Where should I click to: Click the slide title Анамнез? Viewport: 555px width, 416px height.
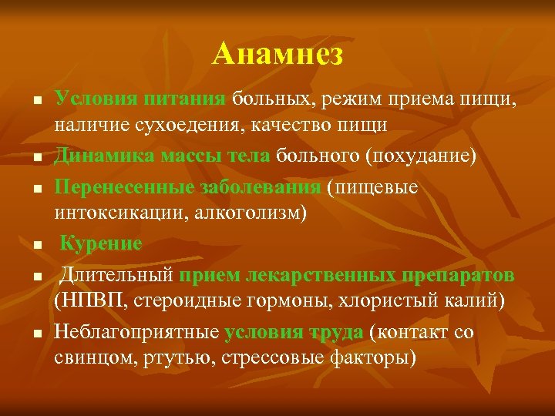(277, 54)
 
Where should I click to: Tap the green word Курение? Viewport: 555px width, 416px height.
(101, 244)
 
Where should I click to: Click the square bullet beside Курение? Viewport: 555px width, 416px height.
(35, 246)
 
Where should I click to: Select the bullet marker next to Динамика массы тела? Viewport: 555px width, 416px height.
(35, 158)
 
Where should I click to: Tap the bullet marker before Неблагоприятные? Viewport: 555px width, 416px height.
(35, 334)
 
